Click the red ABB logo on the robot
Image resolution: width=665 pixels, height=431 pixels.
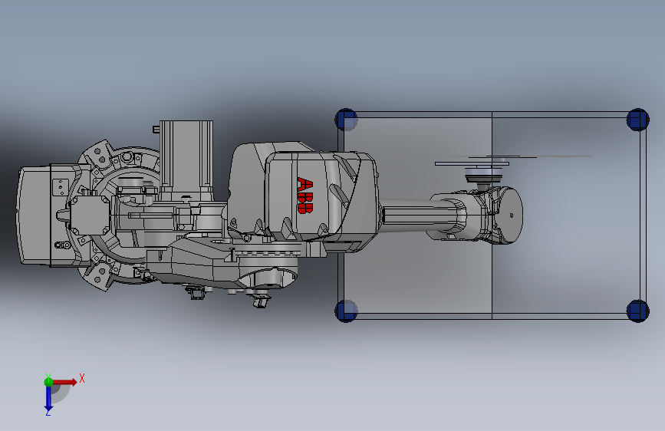(305, 196)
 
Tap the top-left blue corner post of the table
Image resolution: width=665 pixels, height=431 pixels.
(346, 120)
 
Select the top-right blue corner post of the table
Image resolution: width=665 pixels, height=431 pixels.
(637, 120)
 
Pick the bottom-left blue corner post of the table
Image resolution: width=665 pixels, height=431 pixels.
(346, 311)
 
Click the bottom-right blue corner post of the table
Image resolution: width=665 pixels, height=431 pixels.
(637, 311)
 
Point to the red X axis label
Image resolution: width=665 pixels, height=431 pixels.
(82, 378)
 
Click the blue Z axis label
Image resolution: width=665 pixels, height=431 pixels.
(48, 412)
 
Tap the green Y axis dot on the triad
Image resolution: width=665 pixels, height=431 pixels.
(48, 382)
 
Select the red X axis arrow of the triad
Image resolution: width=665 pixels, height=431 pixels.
(64, 382)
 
